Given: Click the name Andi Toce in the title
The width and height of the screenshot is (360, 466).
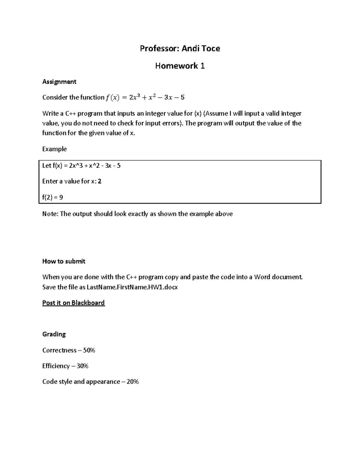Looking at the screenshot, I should pyautogui.click(x=201, y=49).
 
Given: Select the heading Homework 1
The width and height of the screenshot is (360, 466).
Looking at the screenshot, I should pyautogui.click(x=180, y=66).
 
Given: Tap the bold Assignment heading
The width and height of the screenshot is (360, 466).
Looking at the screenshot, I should pyautogui.click(x=59, y=82).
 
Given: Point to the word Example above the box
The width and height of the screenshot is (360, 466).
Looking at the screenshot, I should pyautogui.click(x=54, y=149).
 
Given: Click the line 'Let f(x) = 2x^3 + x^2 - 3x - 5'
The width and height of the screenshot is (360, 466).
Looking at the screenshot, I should pyautogui.click(x=81, y=166).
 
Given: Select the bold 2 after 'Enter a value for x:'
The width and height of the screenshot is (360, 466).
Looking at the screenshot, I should pyautogui.click(x=100, y=181).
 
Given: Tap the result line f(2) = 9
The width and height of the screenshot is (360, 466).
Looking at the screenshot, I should pyautogui.click(x=52, y=197).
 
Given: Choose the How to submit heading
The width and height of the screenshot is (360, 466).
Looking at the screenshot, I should pyautogui.click(x=64, y=261).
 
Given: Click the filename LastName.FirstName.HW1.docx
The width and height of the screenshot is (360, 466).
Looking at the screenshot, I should pyautogui.click(x=132, y=287).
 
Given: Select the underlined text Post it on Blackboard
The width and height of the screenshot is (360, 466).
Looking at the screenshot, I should pyautogui.click(x=73, y=303).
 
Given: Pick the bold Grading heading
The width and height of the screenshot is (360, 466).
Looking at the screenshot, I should pyautogui.click(x=54, y=334).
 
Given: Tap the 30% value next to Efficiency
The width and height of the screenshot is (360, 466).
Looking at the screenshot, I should pyautogui.click(x=82, y=366).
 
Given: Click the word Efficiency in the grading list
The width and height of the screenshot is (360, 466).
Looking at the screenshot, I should pyautogui.click(x=56, y=366).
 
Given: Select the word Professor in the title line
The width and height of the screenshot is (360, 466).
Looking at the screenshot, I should pyautogui.click(x=158, y=49).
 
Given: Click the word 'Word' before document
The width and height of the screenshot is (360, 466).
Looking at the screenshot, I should pyautogui.click(x=262, y=277).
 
